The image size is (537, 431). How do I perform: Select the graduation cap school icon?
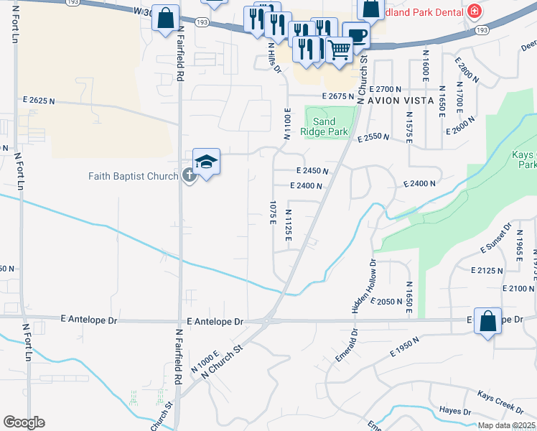(206, 162)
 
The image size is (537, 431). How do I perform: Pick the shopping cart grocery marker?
(339, 49)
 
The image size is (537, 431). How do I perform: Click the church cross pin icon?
(190, 175)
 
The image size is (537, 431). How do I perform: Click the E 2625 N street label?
(39, 101)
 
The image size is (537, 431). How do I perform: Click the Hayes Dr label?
(454, 412)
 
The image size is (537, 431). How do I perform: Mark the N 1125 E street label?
(287, 225)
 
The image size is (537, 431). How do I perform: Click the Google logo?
(24, 422)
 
